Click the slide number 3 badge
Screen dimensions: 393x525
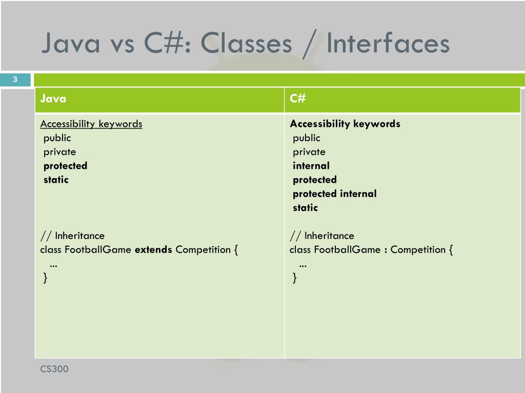[15, 79]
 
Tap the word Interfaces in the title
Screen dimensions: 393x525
[388, 43]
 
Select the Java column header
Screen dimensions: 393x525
[53, 99]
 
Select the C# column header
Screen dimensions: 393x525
[298, 99]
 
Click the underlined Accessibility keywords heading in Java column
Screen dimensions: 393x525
[91, 124]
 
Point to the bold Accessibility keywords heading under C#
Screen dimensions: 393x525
[345, 124]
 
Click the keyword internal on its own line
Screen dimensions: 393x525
[311, 166]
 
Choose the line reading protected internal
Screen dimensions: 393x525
[334, 194]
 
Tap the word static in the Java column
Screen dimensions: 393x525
[56, 180]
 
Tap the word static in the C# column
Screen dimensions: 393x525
[305, 208]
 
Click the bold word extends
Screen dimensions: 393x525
[153, 250]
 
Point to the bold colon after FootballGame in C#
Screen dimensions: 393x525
[385, 250]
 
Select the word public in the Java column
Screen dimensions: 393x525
[57, 138]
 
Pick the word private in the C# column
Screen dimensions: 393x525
[309, 152]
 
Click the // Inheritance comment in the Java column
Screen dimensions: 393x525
[72, 236]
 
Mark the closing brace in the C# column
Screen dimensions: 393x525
[294, 278]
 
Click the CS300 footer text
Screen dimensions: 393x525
[54, 369]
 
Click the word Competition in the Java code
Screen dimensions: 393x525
[203, 250]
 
